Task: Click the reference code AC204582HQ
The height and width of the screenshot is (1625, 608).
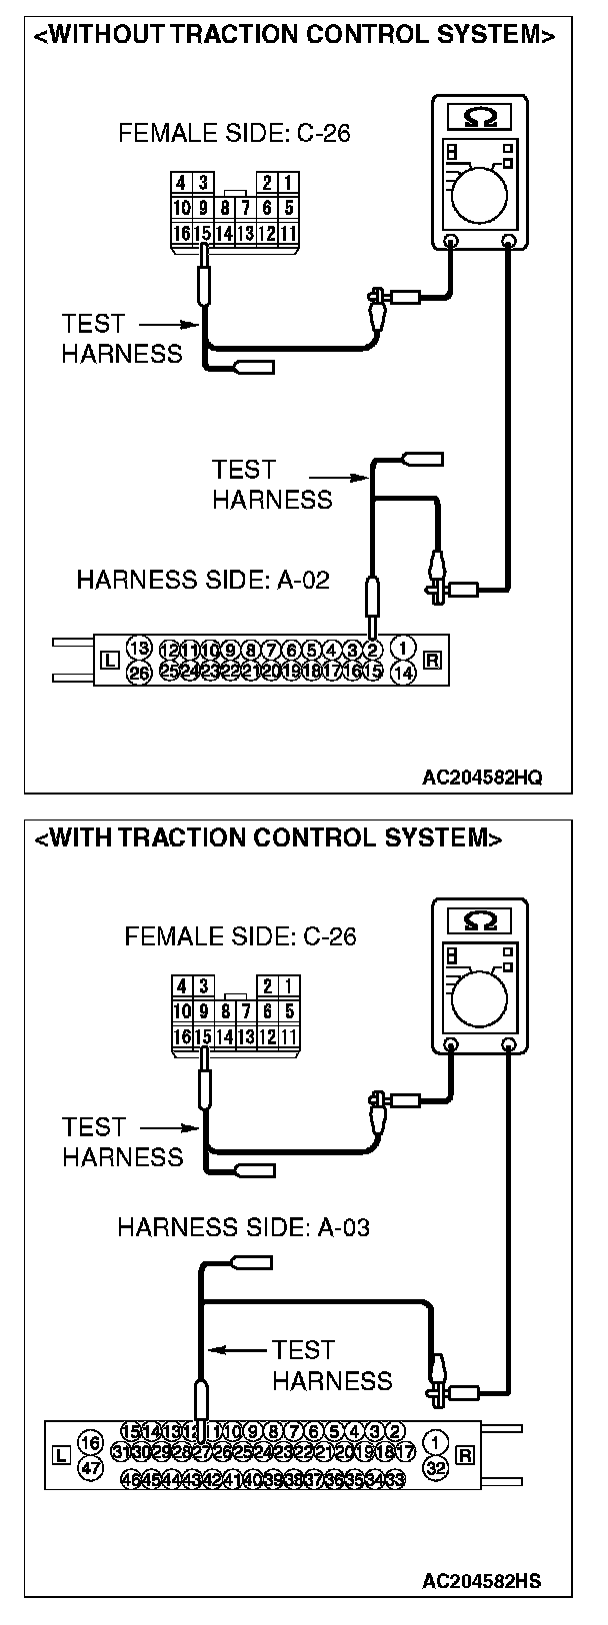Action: coord(482,778)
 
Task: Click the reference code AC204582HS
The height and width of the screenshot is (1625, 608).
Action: coord(482,1581)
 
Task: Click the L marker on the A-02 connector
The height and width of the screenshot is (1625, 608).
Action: coord(110,660)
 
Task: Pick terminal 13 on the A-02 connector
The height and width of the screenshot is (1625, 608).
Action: coord(139,648)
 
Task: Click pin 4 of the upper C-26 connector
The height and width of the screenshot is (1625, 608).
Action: coord(181,183)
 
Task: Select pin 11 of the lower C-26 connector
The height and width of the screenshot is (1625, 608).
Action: coord(289,1037)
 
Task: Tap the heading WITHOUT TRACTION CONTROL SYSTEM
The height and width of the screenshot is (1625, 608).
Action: coord(295,36)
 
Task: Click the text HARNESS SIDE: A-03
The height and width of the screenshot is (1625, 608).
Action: coord(243,1227)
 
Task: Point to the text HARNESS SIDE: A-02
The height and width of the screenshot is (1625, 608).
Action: coord(203,580)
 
